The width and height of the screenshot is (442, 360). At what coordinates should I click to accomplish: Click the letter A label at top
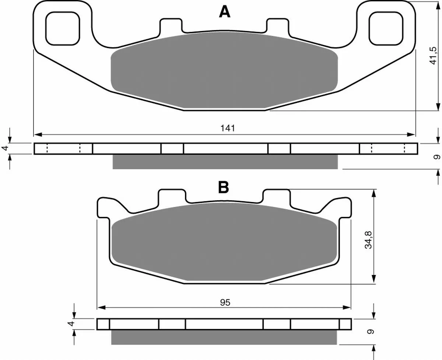(x=225, y=12)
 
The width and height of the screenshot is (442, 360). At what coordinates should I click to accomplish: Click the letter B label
(x=224, y=187)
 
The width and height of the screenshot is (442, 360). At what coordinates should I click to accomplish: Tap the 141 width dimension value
(x=228, y=128)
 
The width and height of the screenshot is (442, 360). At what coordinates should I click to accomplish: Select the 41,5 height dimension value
(x=433, y=56)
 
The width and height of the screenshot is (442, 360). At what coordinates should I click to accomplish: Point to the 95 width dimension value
(x=225, y=303)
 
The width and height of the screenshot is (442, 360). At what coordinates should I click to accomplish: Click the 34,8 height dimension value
(x=369, y=240)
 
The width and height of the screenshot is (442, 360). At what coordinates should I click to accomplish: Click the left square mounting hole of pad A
(x=63, y=28)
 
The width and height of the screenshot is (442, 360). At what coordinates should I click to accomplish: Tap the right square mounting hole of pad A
(x=386, y=28)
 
